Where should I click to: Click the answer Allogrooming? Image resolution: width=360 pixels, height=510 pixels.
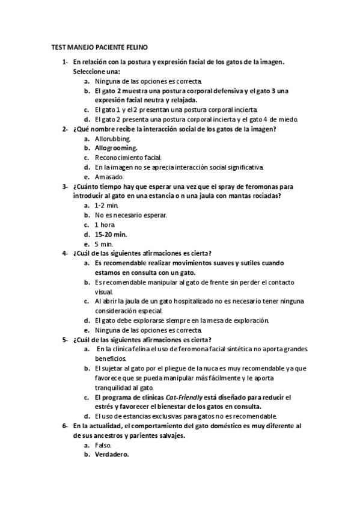pos(116,147)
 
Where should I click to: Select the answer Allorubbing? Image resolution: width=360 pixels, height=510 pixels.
pos(112,138)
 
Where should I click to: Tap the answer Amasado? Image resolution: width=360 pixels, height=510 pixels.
pos(109,177)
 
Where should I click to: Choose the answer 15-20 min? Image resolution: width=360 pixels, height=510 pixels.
pos(111,235)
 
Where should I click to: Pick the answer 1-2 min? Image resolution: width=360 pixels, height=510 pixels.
pos(106,206)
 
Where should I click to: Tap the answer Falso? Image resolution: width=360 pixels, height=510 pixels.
pos(103,445)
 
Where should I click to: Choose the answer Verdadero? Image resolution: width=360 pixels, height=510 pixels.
pos(111,455)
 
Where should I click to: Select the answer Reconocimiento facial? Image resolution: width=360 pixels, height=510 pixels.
pos(128,157)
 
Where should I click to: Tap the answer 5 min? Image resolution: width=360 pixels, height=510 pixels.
pos(104,244)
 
